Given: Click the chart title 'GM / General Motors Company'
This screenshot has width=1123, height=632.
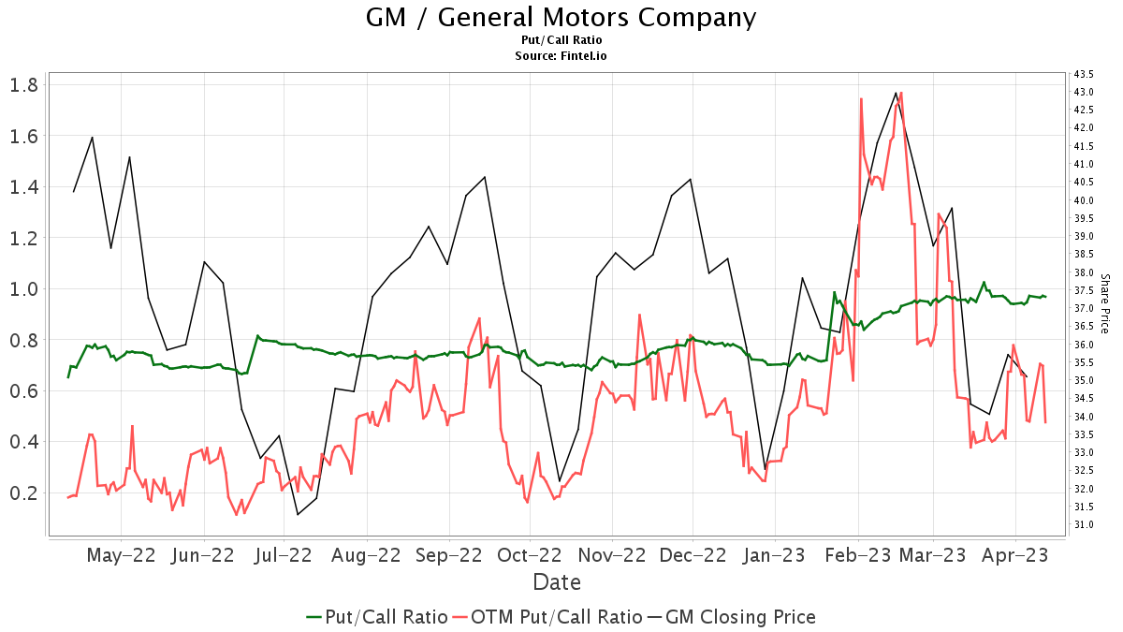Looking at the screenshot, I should tap(561, 17).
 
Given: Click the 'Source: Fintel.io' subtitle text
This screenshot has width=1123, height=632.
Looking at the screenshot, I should tap(561, 56).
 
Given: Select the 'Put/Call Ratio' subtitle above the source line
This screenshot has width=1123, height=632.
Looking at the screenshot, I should tap(561, 40).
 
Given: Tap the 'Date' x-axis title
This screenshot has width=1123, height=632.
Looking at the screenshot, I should tap(557, 582).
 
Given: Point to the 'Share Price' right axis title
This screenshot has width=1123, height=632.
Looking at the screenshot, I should tap(1104, 304).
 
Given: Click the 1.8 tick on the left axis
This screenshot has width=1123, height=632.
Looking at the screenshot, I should tap(25, 85).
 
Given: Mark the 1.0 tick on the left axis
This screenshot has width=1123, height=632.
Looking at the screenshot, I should tap(25, 288).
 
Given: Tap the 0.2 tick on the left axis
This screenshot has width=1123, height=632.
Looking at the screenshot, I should tap(25, 492).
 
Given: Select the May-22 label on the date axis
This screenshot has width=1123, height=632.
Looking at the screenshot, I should tap(121, 555).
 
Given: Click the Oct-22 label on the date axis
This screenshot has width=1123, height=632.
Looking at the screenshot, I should tap(529, 555).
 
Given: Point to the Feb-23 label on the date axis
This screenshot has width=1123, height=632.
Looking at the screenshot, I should tap(856, 555).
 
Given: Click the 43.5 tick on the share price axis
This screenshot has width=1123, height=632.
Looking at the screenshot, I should tap(1085, 74).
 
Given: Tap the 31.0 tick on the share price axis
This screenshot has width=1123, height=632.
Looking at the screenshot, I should tap(1085, 524).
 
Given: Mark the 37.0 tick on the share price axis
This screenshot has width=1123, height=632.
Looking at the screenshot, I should tap(1085, 308).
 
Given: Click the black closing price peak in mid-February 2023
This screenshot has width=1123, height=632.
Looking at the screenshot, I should tap(896, 93).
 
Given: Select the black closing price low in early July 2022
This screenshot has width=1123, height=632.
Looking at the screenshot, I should tap(298, 514).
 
